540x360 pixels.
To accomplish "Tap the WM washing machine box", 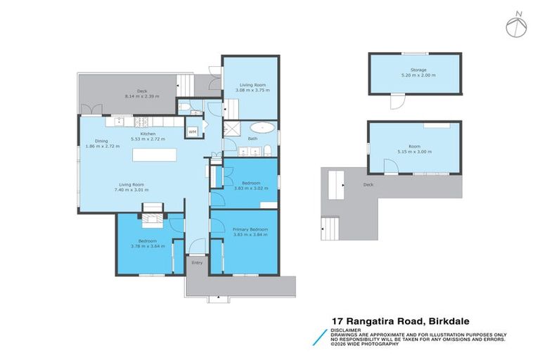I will coord(192,131).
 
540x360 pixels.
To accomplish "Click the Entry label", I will coord(196,263).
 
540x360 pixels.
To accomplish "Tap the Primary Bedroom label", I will coord(251,229).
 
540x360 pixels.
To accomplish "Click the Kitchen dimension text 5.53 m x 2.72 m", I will coord(148,139).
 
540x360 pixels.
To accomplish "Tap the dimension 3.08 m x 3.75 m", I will coord(251,90).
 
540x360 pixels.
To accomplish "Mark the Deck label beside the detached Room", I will coord(368,185).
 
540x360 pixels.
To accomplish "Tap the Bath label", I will coord(252,139).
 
